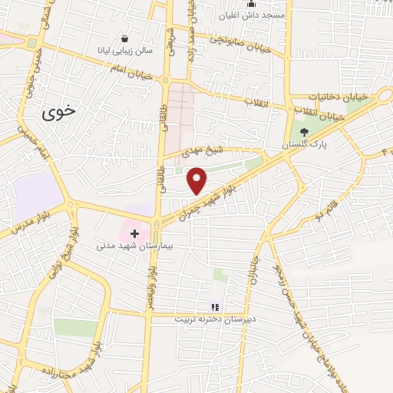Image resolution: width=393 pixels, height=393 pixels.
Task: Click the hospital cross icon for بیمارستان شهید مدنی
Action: (x=135, y=233)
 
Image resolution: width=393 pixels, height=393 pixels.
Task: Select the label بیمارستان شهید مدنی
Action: (x=127, y=247)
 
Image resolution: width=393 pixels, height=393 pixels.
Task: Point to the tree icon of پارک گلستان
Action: (x=303, y=132)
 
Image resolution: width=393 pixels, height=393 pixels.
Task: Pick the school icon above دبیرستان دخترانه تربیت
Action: (x=215, y=307)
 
